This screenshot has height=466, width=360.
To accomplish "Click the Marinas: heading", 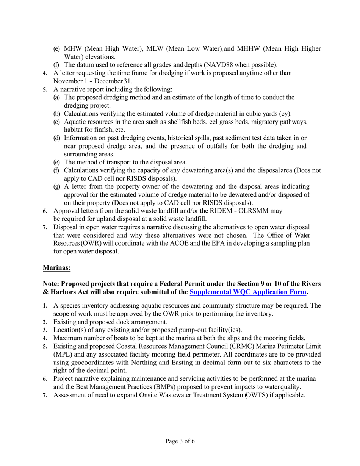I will click(x=56, y=267).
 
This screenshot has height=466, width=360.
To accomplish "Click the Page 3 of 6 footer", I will click(x=180, y=441).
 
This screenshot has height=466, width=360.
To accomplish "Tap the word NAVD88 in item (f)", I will click(x=219, y=64).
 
